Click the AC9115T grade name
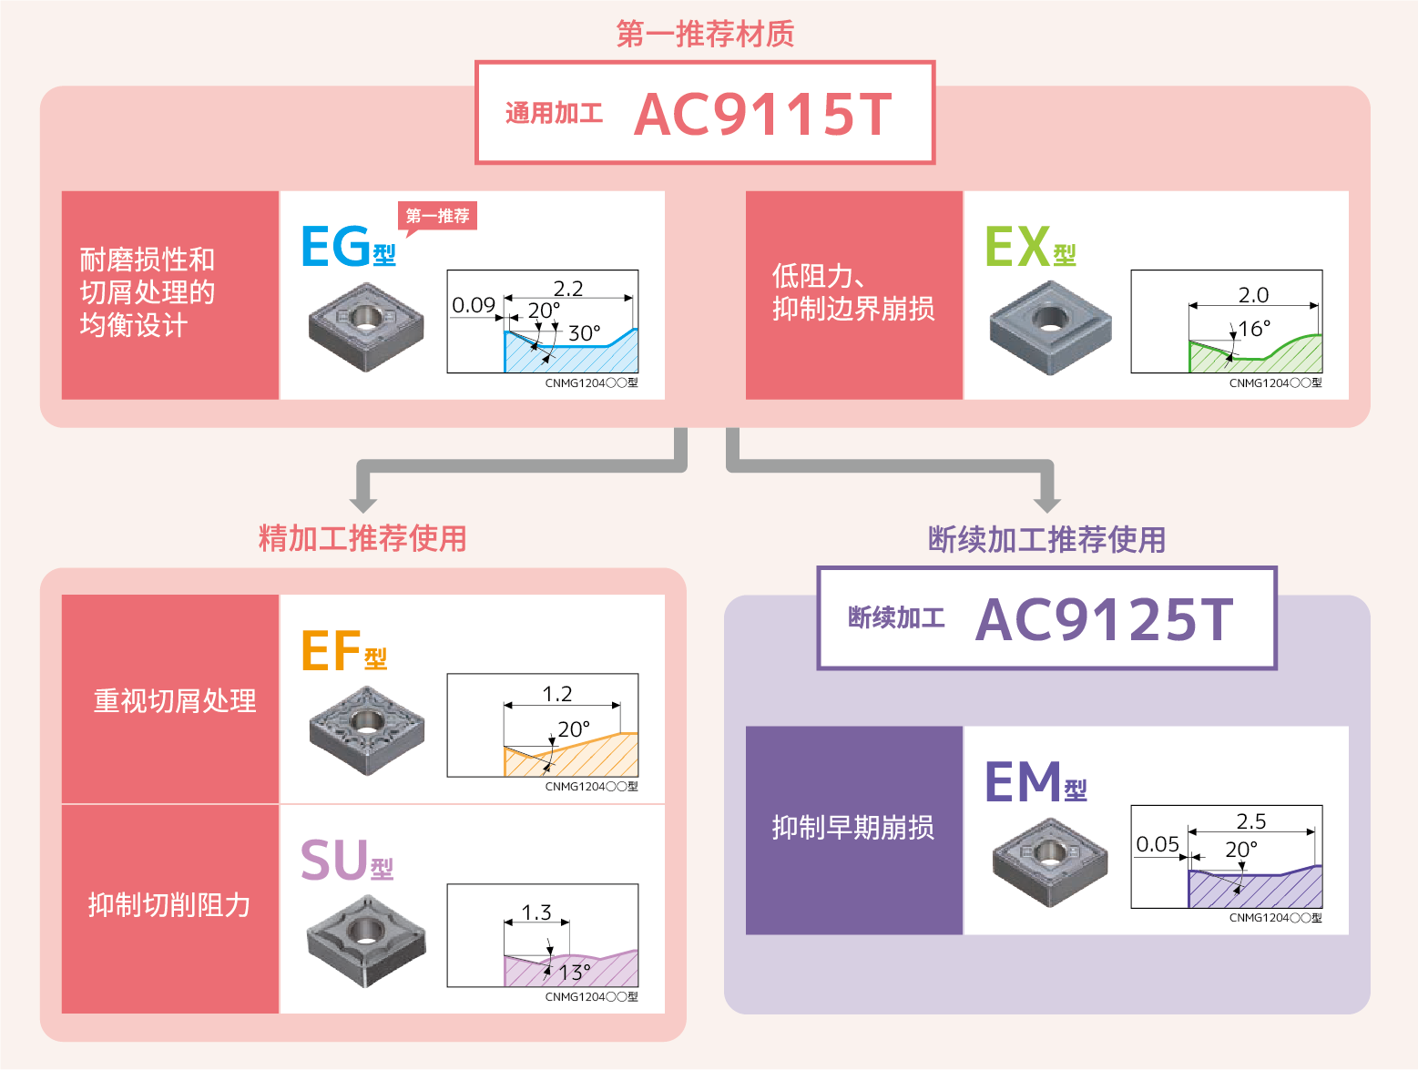pos(763,114)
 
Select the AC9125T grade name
pos(1104,619)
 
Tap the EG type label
pos(348,246)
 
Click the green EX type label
pos(1030,246)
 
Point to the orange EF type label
pos(343,650)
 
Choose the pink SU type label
pos(346,860)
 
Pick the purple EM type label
pos(1035,781)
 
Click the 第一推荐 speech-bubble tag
pos(437,217)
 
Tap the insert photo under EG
pos(366,327)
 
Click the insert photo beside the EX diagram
pos(1050,327)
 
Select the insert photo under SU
pos(366,941)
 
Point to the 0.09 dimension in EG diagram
pos(474,305)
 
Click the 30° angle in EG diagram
pos(584,333)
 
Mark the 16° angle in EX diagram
pos(1254,329)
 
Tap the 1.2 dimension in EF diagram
pos(556,694)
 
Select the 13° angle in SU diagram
pos(575,972)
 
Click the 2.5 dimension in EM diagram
pos(1250,821)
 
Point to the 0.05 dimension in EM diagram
pos(1158,844)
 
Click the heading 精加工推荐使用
pos(362,538)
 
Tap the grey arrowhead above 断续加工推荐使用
pos(1047,503)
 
